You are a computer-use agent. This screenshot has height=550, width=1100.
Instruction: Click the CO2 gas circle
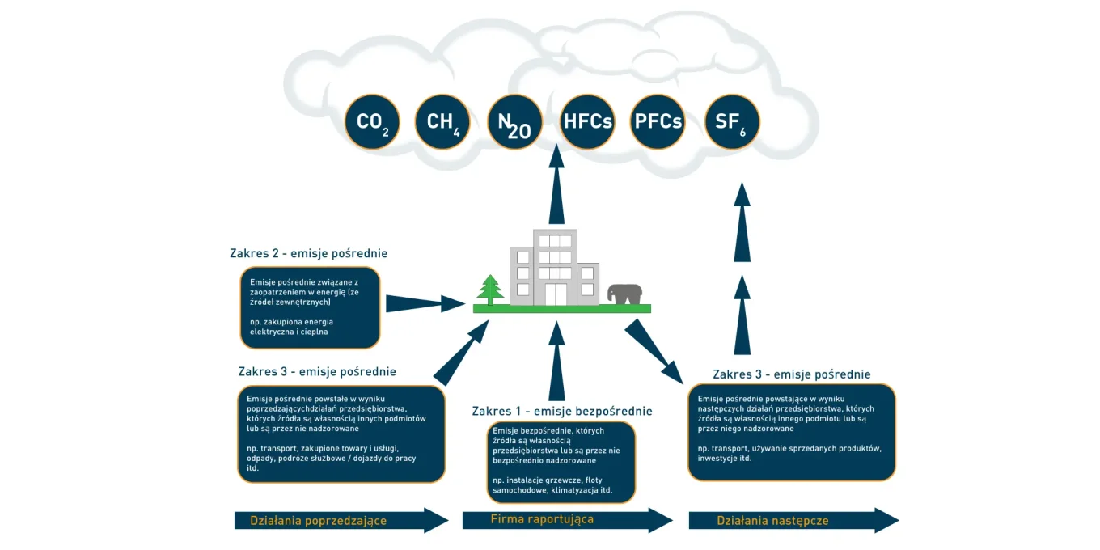[x=372, y=122]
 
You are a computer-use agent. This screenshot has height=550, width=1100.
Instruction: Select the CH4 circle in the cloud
[x=442, y=122]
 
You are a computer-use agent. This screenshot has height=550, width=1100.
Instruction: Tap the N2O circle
[x=514, y=122]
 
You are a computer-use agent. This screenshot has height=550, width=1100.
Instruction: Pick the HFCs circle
[x=587, y=122]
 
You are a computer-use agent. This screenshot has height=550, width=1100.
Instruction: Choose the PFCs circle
[x=658, y=122]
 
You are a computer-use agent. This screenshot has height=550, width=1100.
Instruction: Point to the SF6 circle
[x=731, y=122]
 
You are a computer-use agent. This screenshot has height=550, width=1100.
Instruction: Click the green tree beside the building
[x=489, y=290]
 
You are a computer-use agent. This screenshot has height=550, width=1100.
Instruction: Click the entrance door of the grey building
[x=555, y=294]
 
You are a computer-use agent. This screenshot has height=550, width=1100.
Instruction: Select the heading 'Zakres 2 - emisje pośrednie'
[x=308, y=253]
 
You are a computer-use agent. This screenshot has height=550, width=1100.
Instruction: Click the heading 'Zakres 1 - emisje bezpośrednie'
[x=561, y=411]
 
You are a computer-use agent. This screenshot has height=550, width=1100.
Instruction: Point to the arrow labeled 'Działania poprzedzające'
[x=340, y=521]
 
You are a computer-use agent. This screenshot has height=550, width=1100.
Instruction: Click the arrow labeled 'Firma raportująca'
[x=566, y=520]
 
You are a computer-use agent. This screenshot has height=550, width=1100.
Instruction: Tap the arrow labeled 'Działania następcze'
[x=793, y=521]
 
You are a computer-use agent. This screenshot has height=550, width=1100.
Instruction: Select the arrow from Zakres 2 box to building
[x=424, y=304]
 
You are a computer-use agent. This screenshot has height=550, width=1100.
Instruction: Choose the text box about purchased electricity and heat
[x=310, y=307]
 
